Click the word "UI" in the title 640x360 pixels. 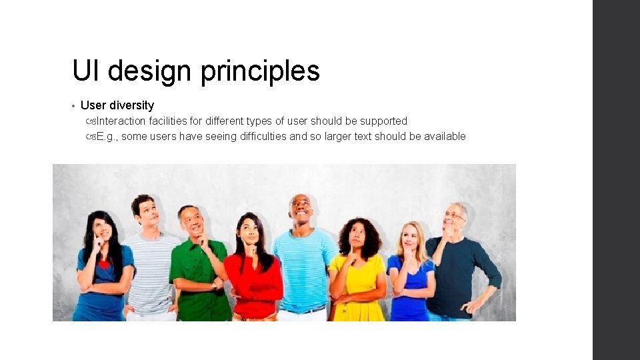click(x=86, y=71)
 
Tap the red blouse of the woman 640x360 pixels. click(x=254, y=279)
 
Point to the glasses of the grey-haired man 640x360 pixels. click(x=454, y=215)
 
